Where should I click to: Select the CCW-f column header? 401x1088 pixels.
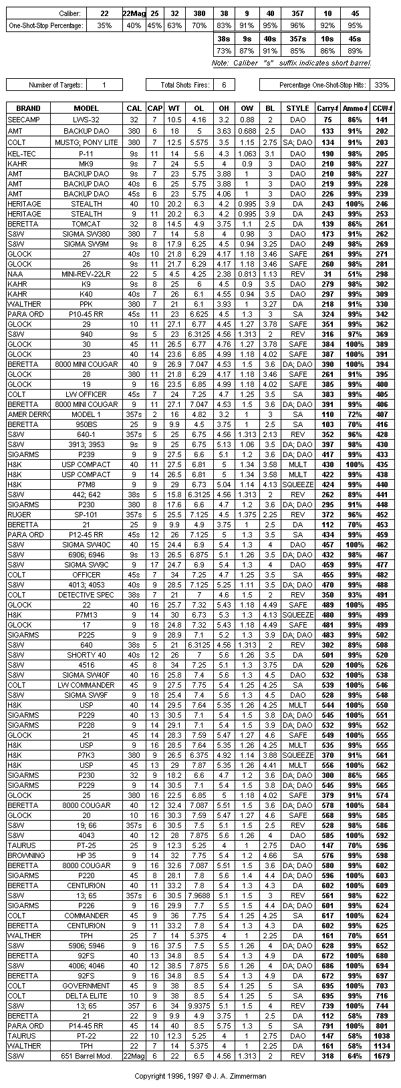(x=381, y=108)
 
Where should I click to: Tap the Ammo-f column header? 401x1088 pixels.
(x=354, y=108)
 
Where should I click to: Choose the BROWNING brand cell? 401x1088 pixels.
(x=27, y=855)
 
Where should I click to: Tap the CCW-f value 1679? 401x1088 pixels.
(x=381, y=1056)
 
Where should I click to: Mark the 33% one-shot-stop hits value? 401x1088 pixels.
(x=382, y=85)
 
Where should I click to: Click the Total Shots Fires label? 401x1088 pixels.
(x=186, y=85)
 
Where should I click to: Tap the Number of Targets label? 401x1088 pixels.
(x=55, y=85)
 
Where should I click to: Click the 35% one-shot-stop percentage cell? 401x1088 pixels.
(x=104, y=25)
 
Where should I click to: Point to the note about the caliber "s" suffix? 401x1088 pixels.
(x=291, y=63)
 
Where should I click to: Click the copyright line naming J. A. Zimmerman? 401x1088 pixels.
(x=200, y=1076)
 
